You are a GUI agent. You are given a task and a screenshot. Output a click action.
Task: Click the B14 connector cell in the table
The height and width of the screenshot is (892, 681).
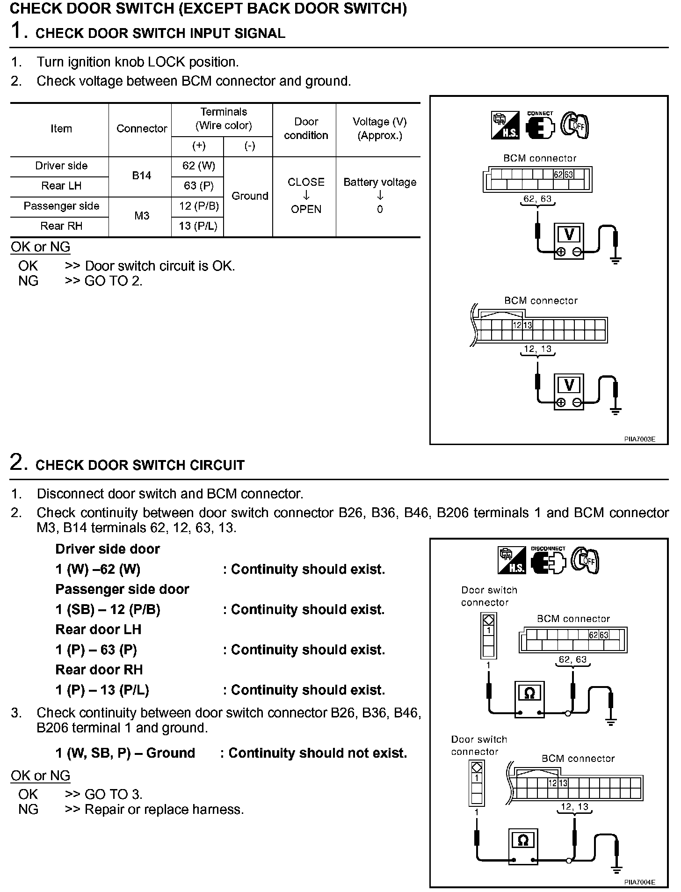click(141, 175)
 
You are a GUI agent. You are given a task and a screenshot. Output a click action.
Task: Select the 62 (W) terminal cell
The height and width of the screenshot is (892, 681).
click(199, 166)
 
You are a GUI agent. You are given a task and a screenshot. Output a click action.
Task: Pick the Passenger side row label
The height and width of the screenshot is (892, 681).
click(61, 206)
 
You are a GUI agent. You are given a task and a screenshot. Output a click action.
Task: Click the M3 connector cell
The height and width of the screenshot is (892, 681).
click(141, 216)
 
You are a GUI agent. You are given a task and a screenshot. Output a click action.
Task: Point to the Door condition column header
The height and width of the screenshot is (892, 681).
click(306, 129)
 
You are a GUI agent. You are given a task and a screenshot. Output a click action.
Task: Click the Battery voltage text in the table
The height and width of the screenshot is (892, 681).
click(380, 182)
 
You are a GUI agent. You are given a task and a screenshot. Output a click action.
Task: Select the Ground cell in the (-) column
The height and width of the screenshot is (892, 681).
click(250, 196)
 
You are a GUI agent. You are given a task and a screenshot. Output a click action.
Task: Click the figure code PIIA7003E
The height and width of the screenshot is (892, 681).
click(639, 439)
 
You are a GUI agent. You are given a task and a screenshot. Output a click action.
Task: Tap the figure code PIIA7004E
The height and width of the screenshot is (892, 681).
click(639, 882)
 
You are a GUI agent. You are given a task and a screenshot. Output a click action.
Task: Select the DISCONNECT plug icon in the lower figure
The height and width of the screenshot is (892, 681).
click(548, 560)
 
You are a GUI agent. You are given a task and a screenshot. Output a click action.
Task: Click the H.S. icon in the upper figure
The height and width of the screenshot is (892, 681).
click(505, 125)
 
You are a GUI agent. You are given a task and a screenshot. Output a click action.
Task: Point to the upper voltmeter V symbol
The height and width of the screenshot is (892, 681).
click(569, 234)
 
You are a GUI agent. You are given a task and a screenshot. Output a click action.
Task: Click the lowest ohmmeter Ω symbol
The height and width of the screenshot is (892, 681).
click(523, 841)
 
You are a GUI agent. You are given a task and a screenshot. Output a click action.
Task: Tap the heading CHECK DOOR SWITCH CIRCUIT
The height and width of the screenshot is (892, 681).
click(140, 465)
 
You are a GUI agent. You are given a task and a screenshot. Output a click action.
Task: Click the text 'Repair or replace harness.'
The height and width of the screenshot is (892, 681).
click(164, 810)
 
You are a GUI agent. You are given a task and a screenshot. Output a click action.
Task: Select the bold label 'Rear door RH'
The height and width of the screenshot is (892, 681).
click(99, 670)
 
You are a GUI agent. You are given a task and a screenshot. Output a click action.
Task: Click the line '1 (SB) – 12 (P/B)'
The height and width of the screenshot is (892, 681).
click(108, 609)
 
